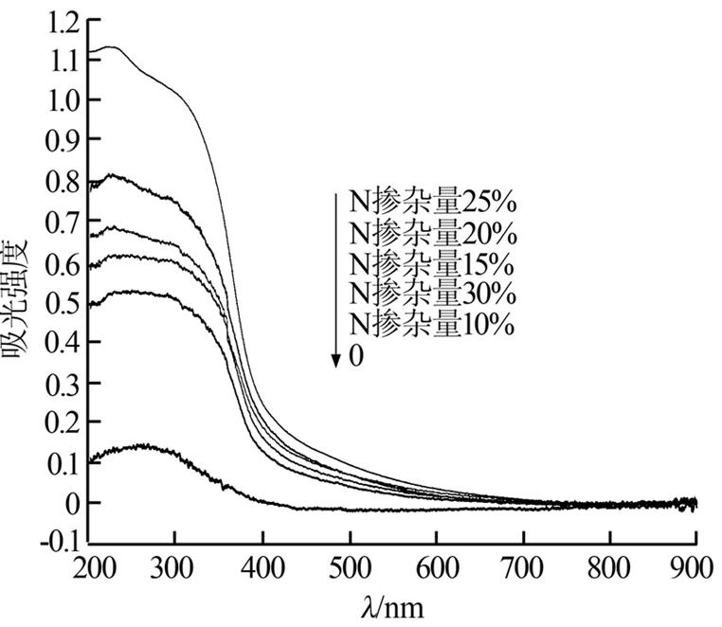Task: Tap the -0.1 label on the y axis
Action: [53, 543]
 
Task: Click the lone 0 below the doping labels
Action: [356, 356]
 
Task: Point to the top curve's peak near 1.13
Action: [111, 46]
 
